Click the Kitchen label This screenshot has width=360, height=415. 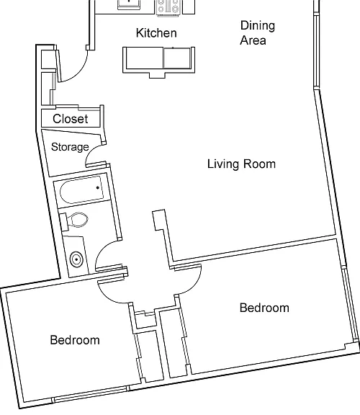156,33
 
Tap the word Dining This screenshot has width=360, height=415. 258,27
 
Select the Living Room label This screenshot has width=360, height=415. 241,164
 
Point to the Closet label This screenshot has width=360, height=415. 71,119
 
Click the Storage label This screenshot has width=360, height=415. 70,147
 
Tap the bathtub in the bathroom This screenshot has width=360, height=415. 81,190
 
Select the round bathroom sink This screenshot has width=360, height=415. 76,259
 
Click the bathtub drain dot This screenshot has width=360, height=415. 98,187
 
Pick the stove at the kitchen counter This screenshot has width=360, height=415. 168,8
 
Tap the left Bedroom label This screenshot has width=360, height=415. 75,340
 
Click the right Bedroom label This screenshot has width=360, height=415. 264,308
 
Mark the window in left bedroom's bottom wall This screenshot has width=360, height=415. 90,394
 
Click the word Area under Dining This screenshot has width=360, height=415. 253,41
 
